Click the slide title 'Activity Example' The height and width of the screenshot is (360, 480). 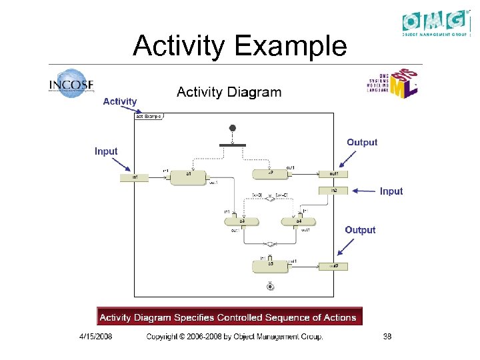pyautogui.click(x=239, y=46)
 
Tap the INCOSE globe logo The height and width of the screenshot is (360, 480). pyautogui.click(x=71, y=85)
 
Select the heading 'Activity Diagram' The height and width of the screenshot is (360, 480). pyautogui.click(x=229, y=92)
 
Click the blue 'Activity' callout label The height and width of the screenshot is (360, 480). pyautogui.click(x=119, y=101)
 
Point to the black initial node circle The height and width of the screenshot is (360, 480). pyautogui.click(x=232, y=128)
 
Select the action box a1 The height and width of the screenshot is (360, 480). pyautogui.click(x=189, y=177)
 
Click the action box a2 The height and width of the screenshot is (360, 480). pyautogui.click(x=270, y=174)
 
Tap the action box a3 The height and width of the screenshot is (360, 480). pyautogui.click(x=242, y=221)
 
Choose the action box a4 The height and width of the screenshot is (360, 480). pyautogui.click(x=298, y=221)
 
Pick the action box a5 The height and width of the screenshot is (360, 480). pyautogui.click(x=270, y=265)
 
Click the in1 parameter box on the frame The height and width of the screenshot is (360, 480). pyautogui.click(x=134, y=177)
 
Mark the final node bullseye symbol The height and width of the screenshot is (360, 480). pyautogui.click(x=270, y=287)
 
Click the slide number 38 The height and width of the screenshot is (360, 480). pyautogui.click(x=387, y=337)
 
